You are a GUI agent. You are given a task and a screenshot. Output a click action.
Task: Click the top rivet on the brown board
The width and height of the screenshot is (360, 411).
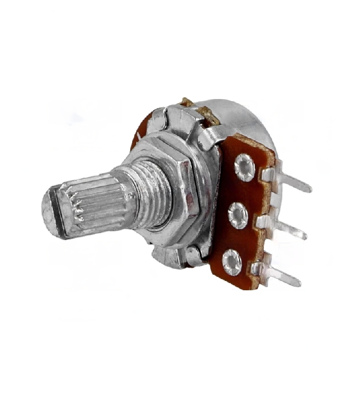(x=244, y=169)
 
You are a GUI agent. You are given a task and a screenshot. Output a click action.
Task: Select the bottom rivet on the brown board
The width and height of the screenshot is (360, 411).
(x=232, y=261)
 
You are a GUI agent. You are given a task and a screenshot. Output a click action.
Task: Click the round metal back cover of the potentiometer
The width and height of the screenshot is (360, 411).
(x=242, y=118)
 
